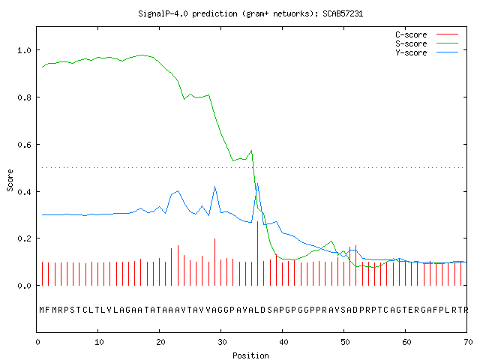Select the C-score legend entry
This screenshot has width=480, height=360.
(427, 34)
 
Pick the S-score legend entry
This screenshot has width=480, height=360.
(427, 43)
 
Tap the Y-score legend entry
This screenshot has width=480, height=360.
(427, 52)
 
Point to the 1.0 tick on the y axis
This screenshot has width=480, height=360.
(25, 50)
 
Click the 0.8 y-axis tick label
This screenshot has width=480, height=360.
(25, 97)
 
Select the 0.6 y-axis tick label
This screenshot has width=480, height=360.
(25, 145)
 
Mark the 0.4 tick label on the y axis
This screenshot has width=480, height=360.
(25, 192)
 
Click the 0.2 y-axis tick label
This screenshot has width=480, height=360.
(25, 238)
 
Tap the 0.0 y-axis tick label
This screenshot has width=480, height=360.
(25, 286)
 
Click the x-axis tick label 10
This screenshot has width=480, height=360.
(99, 342)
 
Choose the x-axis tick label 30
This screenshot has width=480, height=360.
(222, 342)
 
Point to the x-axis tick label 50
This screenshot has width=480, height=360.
(345, 342)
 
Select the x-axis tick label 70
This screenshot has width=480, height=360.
(468, 342)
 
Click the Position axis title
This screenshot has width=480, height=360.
(250, 355)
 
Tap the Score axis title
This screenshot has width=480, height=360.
(10, 180)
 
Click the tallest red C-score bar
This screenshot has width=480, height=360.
(258, 253)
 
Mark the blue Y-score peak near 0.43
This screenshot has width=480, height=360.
(258, 183)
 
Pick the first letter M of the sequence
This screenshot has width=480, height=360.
(42, 310)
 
